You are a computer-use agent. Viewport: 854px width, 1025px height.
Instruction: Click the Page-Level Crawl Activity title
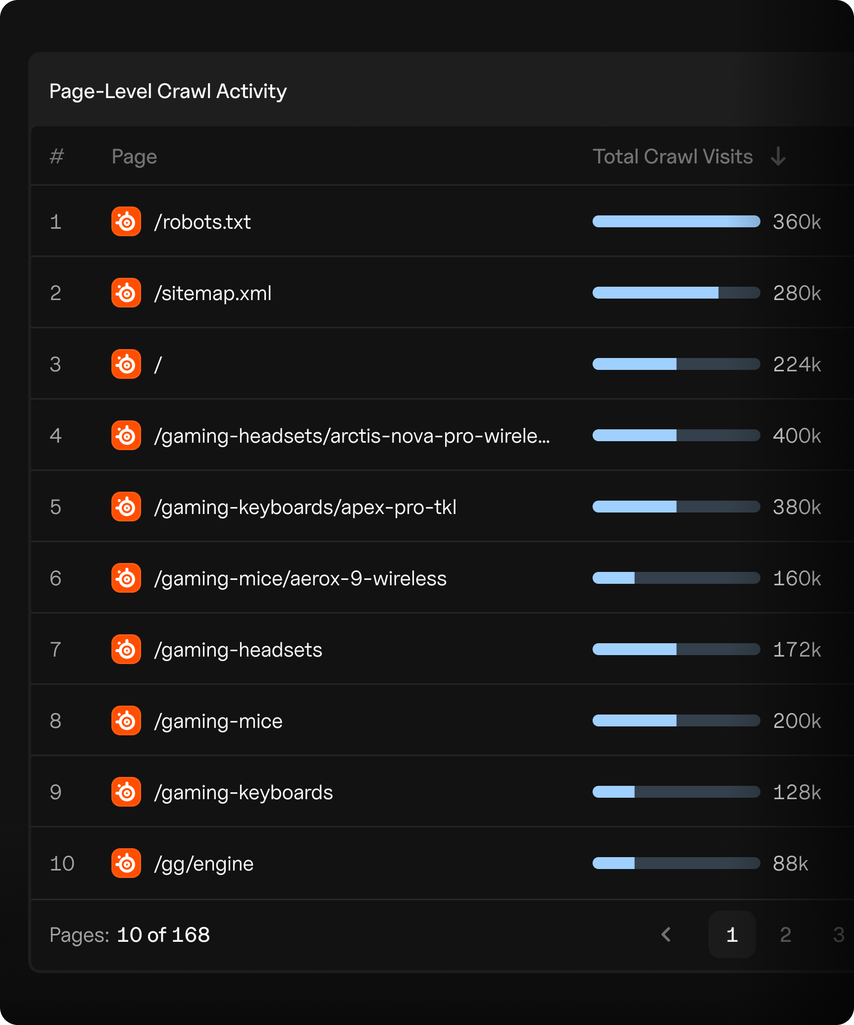tap(168, 91)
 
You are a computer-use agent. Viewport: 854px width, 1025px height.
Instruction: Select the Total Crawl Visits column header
tap(672, 156)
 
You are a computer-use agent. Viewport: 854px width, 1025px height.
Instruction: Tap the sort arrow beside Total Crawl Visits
tap(778, 156)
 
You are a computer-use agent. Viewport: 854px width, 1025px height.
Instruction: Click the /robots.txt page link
tap(202, 222)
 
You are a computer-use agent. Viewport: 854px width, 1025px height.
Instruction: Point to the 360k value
tap(797, 222)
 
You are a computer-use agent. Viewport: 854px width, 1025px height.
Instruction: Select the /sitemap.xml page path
tap(213, 293)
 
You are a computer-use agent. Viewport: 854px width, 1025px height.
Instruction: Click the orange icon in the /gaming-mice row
tap(126, 721)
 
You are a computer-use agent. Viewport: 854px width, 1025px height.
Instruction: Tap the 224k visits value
tap(797, 364)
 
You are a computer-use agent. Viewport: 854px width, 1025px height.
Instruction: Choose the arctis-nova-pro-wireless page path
tap(352, 436)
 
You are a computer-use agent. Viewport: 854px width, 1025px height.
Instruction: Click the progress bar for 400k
tap(676, 436)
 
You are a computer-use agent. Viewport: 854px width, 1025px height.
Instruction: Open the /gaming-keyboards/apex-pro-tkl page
tap(305, 507)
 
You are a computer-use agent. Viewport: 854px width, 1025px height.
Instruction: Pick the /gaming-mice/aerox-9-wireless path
tap(300, 578)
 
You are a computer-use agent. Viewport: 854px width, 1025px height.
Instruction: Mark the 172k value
tap(797, 650)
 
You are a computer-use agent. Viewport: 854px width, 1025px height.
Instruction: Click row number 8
tap(55, 721)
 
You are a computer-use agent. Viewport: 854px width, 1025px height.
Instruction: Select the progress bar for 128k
tap(676, 792)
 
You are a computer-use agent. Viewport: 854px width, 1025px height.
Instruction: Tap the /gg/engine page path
tap(204, 864)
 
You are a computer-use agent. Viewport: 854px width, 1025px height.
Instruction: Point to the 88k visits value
tap(790, 864)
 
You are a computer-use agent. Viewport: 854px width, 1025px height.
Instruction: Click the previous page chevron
tap(666, 935)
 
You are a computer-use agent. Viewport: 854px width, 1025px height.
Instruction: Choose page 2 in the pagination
tap(785, 935)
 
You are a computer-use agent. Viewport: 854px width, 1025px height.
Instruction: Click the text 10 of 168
tap(163, 935)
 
